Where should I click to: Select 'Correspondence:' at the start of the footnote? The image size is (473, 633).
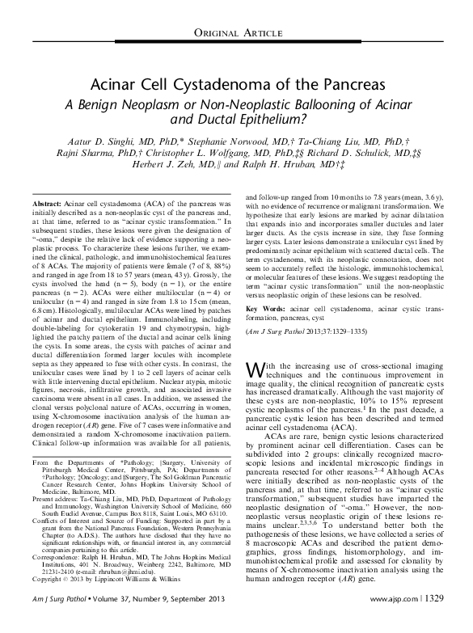[x=61, y=560]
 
